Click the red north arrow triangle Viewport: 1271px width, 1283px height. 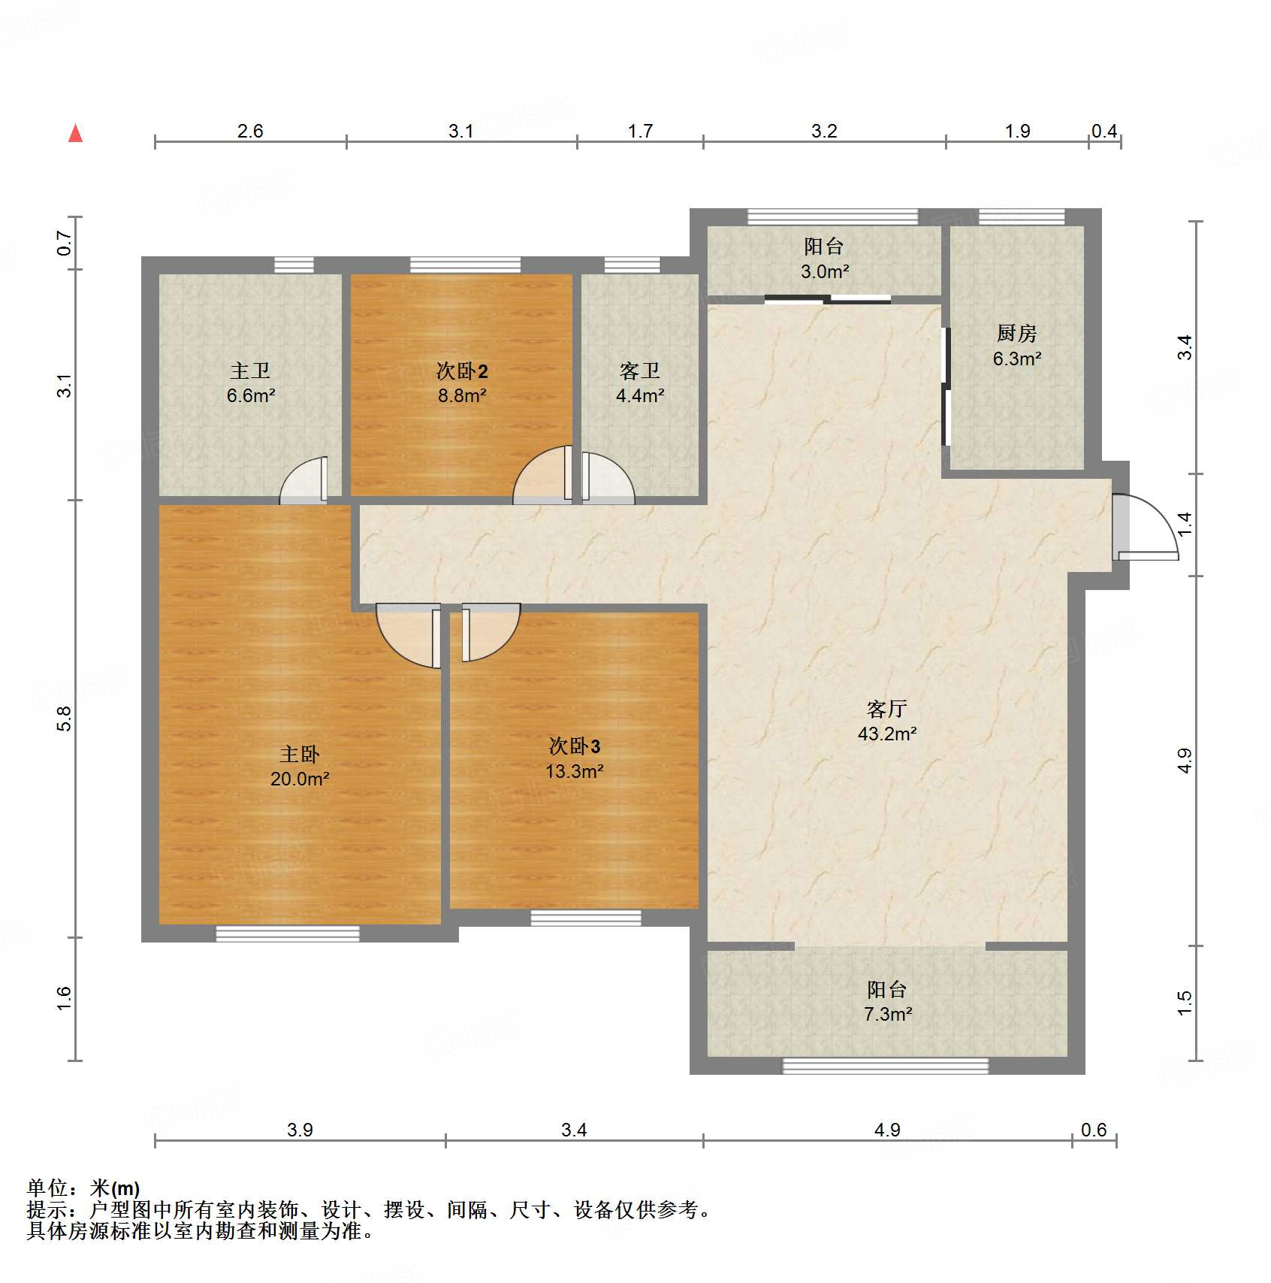(75, 134)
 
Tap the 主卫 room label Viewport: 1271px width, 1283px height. (250, 371)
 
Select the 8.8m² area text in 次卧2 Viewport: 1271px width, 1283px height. (462, 395)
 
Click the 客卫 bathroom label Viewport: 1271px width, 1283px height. (639, 371)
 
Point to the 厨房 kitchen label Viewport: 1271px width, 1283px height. (1016, 333)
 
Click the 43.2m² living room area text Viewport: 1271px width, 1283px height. (887, 734)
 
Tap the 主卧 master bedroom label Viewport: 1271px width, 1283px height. (299, 754)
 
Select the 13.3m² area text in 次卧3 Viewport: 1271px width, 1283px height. (574, 771)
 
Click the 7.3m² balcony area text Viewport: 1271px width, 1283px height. (887, 1015)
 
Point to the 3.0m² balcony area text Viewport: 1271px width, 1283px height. (824, 272)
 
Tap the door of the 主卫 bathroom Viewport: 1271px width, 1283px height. (305, 482)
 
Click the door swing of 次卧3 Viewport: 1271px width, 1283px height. (488, 631)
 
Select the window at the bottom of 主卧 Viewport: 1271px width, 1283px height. (288, 934)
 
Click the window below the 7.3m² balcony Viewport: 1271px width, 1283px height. (885, 1066)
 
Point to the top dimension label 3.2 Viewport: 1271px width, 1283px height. (823, 132)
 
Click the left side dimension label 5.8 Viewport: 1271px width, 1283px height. (65, 719)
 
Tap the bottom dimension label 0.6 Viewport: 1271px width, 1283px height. (1093, 1130)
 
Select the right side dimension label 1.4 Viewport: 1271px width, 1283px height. (1185, 523)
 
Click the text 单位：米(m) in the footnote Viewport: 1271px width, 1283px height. (83, 1188)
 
